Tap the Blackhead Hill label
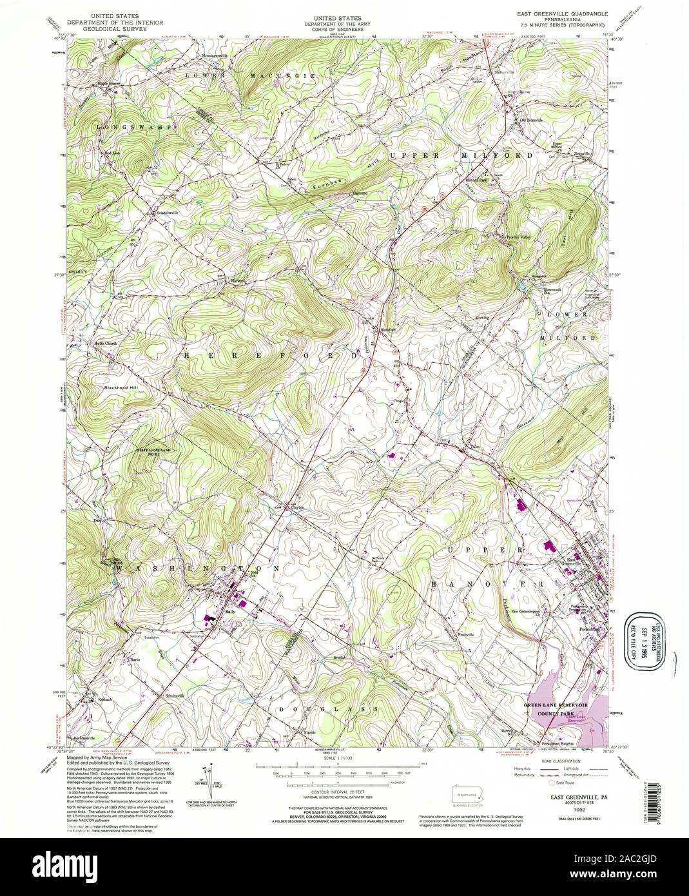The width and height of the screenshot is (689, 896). point(122,388)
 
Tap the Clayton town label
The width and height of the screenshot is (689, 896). point(296,508)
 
